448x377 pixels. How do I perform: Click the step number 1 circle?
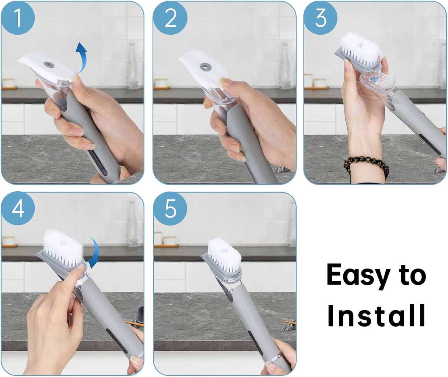point(18,18)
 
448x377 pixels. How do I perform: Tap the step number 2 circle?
point(170,18)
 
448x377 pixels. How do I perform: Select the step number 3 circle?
point(320,18)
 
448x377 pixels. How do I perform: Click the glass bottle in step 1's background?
point(133,67)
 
